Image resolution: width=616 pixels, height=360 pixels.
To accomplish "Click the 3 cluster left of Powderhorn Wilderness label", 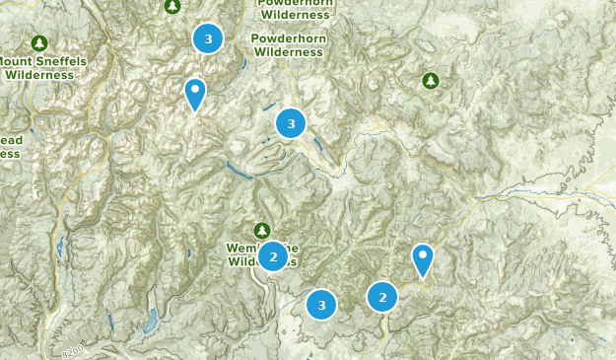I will coord(208,38).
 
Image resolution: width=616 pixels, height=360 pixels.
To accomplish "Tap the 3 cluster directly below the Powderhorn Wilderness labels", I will coord(290,123).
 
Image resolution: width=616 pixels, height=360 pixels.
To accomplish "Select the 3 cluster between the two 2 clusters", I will coord(321,305).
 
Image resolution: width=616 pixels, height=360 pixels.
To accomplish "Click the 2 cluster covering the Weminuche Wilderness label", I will coord(273,257).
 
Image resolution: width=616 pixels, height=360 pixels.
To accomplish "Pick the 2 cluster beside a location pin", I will coord(382,296).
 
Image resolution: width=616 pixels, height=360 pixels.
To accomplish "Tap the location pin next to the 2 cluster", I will coord(423,259).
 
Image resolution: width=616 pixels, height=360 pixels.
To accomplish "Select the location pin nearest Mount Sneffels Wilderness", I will coord(195,94).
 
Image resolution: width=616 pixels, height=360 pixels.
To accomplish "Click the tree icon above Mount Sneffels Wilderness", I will coord(38,43).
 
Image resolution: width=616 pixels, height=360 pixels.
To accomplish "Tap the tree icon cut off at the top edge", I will coord(172,6).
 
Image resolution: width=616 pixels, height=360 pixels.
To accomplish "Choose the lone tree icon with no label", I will coord(430,80).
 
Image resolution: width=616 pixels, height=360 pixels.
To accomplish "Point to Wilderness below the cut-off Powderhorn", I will coord(296,16).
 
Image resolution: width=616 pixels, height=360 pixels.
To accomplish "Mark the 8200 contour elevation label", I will coord(72,351).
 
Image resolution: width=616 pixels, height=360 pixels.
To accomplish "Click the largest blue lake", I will coord(151,322).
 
